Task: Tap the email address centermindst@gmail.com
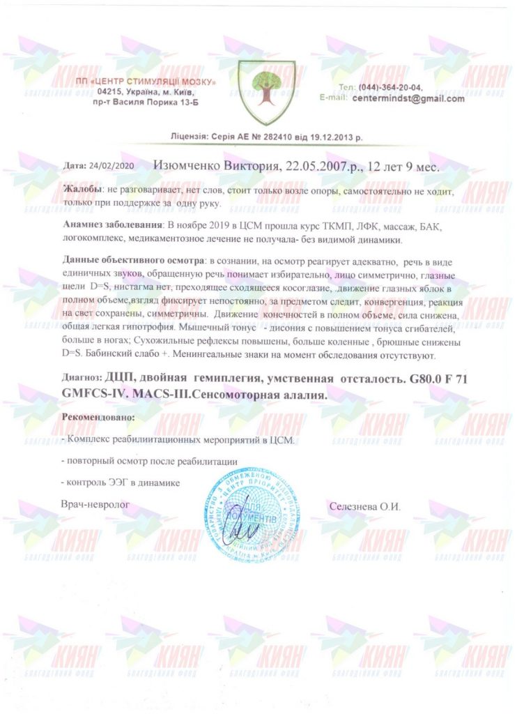tap(408, 99)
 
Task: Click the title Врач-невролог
tap(95, 503)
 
